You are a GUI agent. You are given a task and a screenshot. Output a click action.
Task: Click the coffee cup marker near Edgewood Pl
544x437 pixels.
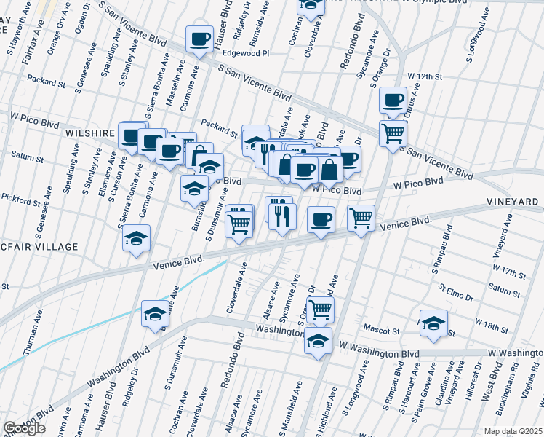(199, 39)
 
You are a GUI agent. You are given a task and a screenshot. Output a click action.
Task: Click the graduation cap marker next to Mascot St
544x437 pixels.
(433, 323)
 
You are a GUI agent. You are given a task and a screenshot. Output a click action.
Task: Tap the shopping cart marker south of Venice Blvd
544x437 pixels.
(320, 310)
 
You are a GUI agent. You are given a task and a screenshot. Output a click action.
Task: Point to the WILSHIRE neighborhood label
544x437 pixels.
(90, 134)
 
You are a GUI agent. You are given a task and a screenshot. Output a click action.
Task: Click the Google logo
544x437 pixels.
(24, 428)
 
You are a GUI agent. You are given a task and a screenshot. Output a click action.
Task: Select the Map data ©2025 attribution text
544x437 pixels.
(512, 431)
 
